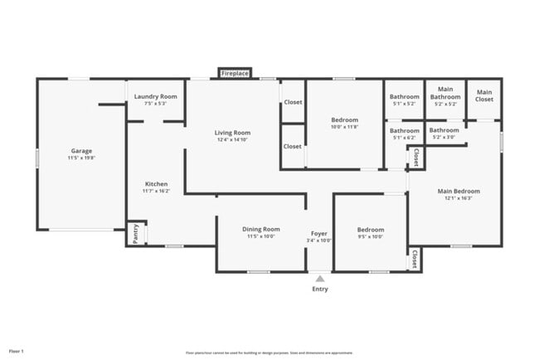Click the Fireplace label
[x=235, y=74]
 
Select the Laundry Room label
[x=156, y=96]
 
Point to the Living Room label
[x=233, y=133]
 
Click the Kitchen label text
[x=156, y=184]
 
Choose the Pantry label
[x=134, y=233]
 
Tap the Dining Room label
[x=260, y=229]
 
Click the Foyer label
[x=319, y=233]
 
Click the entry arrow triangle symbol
[x=320, y=279]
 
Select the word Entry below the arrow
[x=320, y=289]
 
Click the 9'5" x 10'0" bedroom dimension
[x=371, y=236]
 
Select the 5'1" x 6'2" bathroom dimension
[x=405, y=138]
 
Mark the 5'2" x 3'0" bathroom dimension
[x=444, y=138]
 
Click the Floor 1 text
[x=16, y=352]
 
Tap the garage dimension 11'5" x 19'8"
[x=81, y=158]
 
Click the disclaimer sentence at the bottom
[x=269, y=352]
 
